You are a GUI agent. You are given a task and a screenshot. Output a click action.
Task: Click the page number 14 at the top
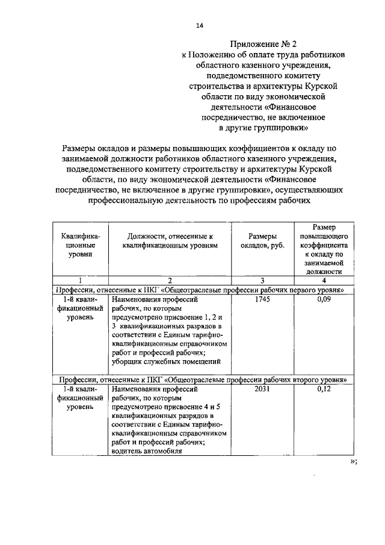click(x=200, y=25)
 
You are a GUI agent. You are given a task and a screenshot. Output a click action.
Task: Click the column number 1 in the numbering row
click(x=80, y=281)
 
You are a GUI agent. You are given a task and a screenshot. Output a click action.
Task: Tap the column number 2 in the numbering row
click(x=170, y=281)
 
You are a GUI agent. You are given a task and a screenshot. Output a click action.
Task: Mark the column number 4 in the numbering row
click(x=324, y=281)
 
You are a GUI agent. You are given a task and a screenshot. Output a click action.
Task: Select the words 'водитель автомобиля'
click(x=148, y=452)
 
